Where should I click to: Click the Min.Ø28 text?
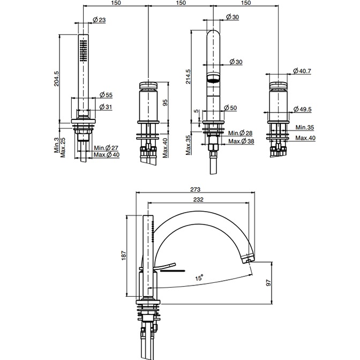242,133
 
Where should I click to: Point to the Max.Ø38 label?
241,141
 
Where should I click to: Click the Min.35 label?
304,129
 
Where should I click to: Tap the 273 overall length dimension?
195,189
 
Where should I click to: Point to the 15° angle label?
199,278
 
